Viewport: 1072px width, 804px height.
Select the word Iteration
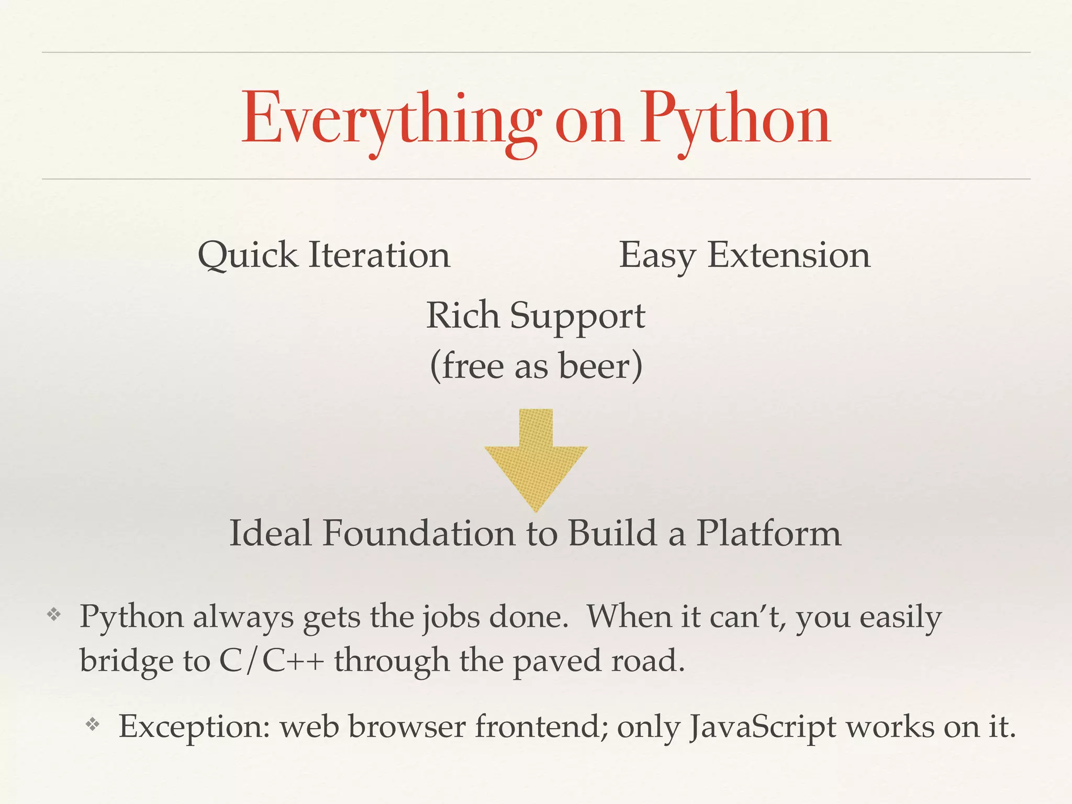(379, 255)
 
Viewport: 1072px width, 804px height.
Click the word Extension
(789, 255)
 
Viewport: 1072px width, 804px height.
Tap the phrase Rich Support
(535, 316)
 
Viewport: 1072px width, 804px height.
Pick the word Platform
(768, 533)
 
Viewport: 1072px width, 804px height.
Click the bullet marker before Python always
(54, 615)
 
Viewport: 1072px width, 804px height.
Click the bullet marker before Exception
(93, 724)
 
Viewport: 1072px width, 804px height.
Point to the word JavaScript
(762, 727)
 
